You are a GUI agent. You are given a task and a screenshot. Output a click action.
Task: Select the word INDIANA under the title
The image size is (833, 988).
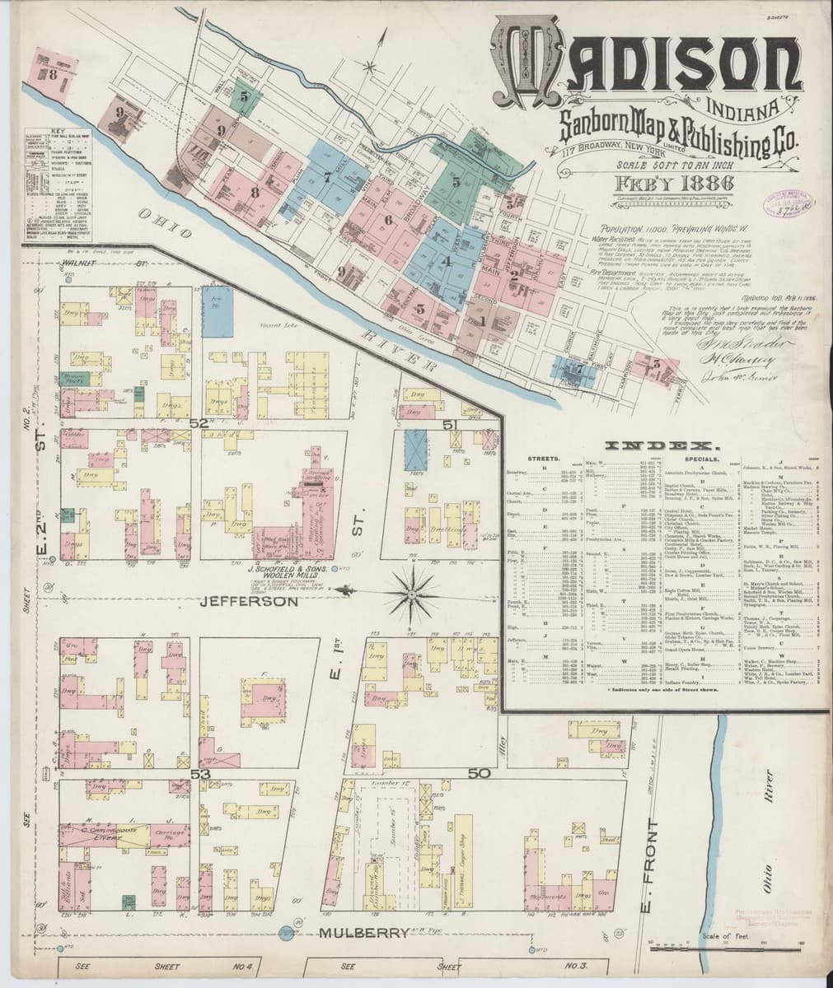pos(746,106)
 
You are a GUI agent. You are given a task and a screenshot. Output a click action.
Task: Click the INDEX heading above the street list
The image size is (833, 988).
pos(653,445)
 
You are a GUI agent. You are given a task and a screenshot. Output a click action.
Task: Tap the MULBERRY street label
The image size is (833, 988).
pos(363,933)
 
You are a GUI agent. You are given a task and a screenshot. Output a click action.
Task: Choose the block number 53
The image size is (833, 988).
pos(198,774)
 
